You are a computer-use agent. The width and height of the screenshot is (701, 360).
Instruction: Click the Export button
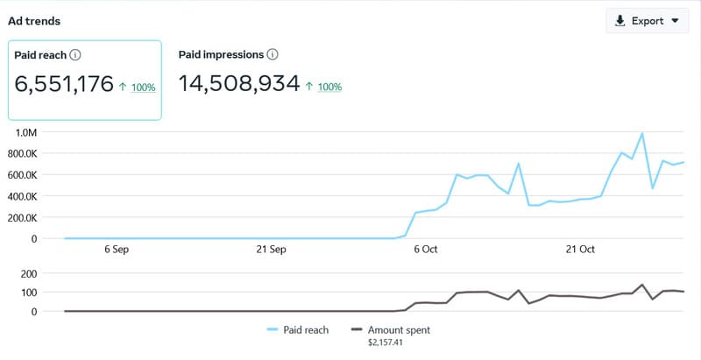pyautogui.click(x=647, y=21)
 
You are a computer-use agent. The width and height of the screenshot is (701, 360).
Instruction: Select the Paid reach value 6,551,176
pyautogui.click(x=65, y=84)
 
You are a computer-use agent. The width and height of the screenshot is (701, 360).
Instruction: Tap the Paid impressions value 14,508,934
pyautogui.click(x=239, y=84)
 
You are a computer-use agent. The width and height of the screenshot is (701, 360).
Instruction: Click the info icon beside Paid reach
pyautogui.click(x=75, y=55)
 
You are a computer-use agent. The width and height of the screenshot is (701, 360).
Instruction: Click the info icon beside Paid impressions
pyautogui.click(x=273, y=54)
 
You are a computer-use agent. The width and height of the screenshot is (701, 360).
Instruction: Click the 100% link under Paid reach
pyautogui.click(x=144, y=88)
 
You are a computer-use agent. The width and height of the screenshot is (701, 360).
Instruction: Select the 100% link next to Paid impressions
pyautogui.click(x=329, y=87)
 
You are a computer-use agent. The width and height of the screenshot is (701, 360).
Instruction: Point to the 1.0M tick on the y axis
pyautogui.click(x=23, y=132)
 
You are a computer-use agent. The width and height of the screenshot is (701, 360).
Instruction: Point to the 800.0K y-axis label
pyautogui.click(x=19, y=153)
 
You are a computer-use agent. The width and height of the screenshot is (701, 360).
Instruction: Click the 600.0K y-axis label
pyautogui.click(x=19, y=174)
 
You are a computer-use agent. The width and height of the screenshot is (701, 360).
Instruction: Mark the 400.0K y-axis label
pyautogui.click(x=19, y=195)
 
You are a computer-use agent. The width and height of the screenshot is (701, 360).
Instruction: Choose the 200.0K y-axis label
pyautogui.click(x=19, y=217)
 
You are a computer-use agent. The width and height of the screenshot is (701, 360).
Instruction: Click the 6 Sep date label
pyautogui.click(x=117, y=250)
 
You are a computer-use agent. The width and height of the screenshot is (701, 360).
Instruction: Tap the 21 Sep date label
pyautogui.click(x=271, y=250)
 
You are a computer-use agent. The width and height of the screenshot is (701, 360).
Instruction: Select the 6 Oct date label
pyautogui.click(x=425, y=250)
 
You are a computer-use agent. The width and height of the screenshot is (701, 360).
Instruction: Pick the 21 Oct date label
pyautogui.click(x=579, y=250)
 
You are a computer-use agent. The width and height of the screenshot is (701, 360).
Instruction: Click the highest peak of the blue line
pyautogui.click(x=642, y=134)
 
